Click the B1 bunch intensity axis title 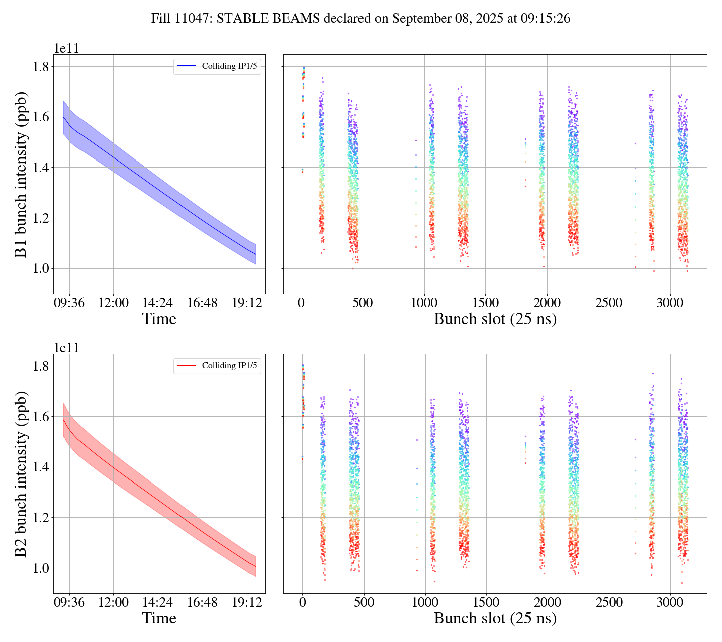[21, 174]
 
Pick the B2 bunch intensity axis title [21, 473]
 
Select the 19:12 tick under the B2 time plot [247, 602]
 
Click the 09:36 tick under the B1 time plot [69, 303]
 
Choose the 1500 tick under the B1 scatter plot [486, 303]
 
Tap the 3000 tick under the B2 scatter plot [670, 602]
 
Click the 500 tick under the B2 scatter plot [363, 602]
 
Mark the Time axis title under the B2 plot [159, 618]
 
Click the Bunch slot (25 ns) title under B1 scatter [495, 319]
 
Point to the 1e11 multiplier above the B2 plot [66, 348]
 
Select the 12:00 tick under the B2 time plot [113, 602]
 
